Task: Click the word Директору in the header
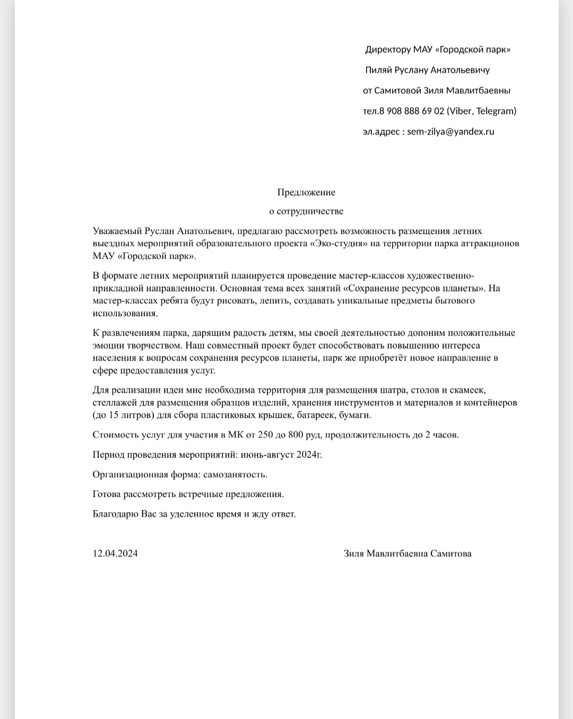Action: coord(388,50)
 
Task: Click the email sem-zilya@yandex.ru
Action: coord(450,131)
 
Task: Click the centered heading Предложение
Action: coord(306,192)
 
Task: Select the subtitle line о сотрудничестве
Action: coord(306,211)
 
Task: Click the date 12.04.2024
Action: coord(115,554)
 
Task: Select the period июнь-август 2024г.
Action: coord(281,455)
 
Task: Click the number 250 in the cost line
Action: coord(265,435)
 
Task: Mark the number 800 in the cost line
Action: coord(296,435)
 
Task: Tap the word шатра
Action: coord(392,390)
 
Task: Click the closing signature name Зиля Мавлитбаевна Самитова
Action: coord(407,554)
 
